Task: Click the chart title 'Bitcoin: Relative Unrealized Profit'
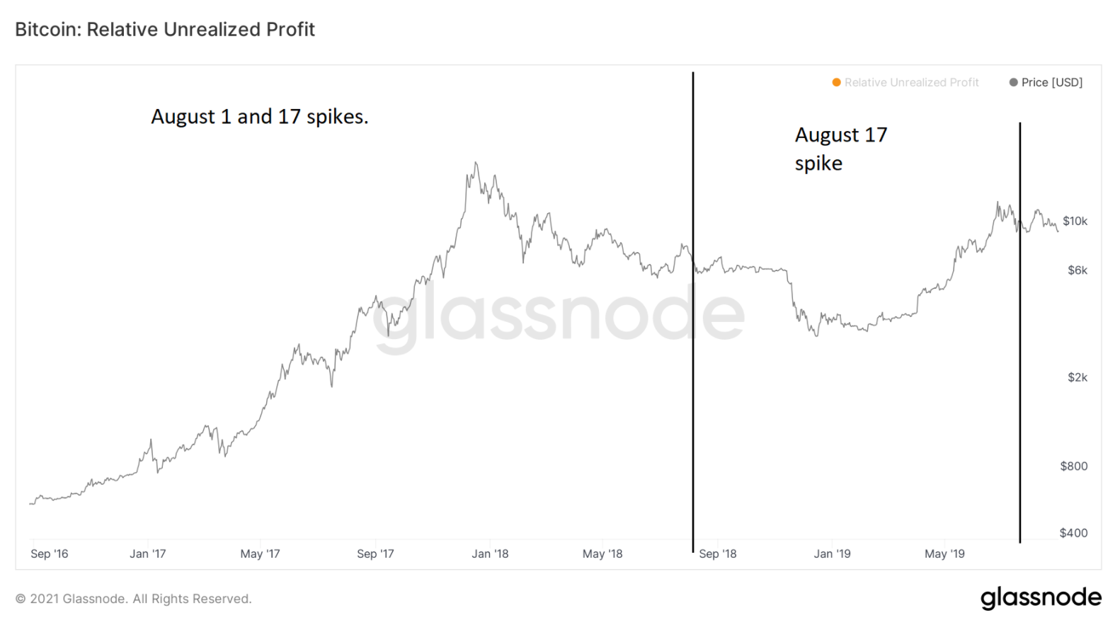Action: coord(165,30)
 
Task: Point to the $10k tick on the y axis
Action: coord(1075,222)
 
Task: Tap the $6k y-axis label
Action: coord(1077,270)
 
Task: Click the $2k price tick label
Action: coord(1077,378)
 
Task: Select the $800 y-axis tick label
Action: coord(1073,466)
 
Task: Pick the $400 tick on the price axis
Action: coord(1073,533)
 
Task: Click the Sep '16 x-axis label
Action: coord(50,554)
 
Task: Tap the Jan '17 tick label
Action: coord(147,554)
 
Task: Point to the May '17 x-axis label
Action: coord(260,554)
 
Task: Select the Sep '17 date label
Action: coord(375,554)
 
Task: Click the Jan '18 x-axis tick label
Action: coord(490,554)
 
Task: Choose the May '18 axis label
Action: coord(602,554)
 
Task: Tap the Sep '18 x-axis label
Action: coord(717,554)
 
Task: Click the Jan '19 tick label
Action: coord(832,554)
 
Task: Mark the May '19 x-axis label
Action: coord(944,554)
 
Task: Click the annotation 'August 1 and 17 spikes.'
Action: coord(260,117)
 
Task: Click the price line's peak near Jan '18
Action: coord(476,163)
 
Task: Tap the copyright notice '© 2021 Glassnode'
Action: coord(133,599)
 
